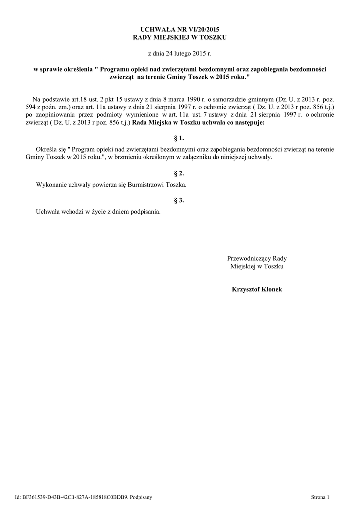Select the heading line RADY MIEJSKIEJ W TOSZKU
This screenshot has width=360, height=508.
point(180,38)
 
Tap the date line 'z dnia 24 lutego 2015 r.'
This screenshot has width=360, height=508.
point(180,53)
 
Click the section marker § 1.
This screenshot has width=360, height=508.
point(180,138)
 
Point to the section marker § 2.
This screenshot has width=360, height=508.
point(180,173)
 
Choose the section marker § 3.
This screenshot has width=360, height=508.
point(180,200)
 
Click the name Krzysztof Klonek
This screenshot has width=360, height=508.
point(257,289)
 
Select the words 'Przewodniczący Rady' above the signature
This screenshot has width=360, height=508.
point(257,258)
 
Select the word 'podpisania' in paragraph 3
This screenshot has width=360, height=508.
point(145,212)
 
